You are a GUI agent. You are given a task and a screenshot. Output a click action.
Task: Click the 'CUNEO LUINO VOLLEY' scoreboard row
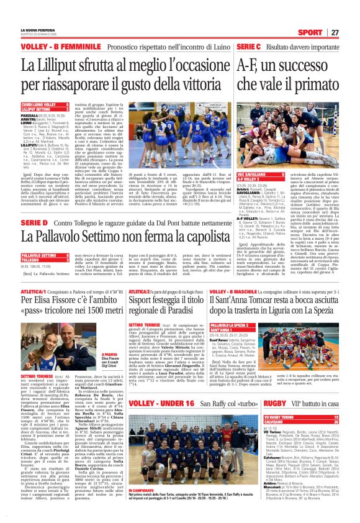click(x=45, y=105)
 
